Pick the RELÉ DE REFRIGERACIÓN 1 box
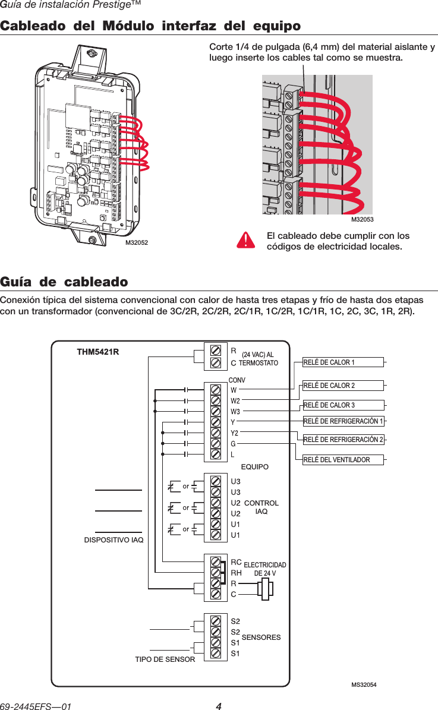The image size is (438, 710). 343,421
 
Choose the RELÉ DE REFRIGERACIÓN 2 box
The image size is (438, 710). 343,440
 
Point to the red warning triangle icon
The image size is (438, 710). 245,239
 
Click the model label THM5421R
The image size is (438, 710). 98,351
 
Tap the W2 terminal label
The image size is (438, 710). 235,400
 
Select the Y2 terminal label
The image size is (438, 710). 235,433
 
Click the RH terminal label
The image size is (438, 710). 236,573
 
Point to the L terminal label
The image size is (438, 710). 233,455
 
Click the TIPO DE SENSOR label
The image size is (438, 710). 165,659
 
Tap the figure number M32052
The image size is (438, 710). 136,242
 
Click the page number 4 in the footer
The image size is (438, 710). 219,706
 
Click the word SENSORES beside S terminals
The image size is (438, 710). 261,638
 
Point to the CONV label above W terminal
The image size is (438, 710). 237,380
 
